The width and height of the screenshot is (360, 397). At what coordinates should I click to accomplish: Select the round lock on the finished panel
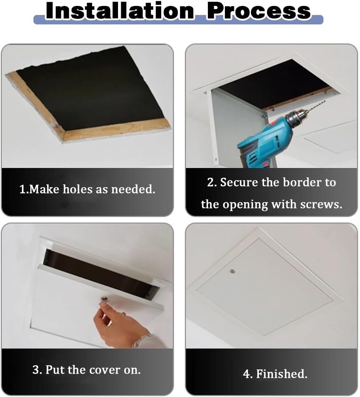(x=232, y=270)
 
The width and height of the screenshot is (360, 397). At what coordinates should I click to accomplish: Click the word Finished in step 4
(x=282, y=374)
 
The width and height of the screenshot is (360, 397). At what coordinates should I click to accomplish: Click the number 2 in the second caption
(x=210, y=182)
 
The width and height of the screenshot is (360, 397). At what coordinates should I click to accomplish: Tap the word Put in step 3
(x=56, y=370)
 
